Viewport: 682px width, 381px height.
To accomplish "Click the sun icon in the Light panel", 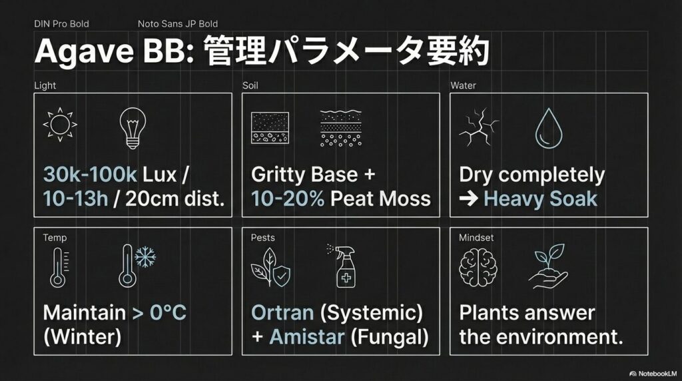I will click(x=59, y=125).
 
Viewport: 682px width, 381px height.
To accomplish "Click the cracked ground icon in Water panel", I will click(x=477, y=127).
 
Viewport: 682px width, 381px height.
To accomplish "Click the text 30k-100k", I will click(x=90, y=175).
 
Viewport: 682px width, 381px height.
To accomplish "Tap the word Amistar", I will click(x=307, y=336).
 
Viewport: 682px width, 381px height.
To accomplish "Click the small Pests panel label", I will click(x=262, y=237).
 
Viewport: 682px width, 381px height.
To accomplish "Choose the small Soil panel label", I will click(x=250, y=86).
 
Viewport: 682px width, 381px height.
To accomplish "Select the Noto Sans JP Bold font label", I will click(x=178, y=24).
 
